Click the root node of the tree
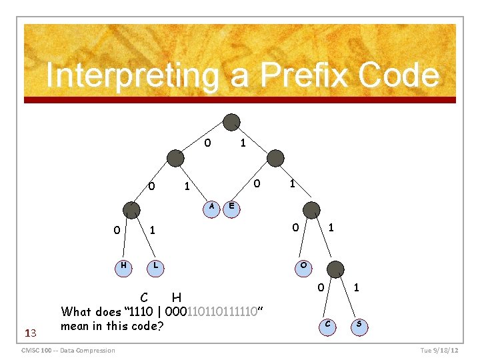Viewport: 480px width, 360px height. click(x=231, y=122)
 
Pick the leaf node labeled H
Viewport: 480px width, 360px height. click(x=123, y=266)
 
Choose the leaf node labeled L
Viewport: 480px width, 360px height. click(x=155, y=266)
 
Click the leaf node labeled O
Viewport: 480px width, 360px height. click(x=304, y=266)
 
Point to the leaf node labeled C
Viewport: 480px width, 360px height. click(x=327, y=325)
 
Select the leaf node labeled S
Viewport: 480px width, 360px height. click(x=359, y=325)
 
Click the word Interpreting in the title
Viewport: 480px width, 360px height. click(x=132, y=75)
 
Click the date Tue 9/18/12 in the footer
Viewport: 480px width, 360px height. click(x=439, y=351)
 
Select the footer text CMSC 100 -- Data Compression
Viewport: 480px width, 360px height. click(x=69, y=351)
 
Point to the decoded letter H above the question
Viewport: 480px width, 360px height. click(x=177, y=297)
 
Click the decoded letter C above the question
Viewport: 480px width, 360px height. click(x=144, y=297)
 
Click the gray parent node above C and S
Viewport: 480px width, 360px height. click(x=336, y=269)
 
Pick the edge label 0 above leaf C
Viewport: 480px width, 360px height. click(x=320, y=288)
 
